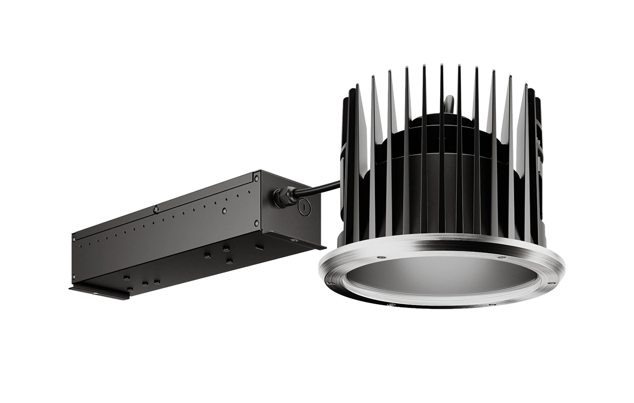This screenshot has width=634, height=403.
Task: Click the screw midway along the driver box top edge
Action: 156,208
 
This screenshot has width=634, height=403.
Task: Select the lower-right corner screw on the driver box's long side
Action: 256,222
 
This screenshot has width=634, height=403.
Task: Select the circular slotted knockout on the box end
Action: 305,205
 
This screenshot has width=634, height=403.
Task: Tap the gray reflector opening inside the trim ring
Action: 441,277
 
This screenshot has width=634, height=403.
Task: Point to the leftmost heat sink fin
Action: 344,161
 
